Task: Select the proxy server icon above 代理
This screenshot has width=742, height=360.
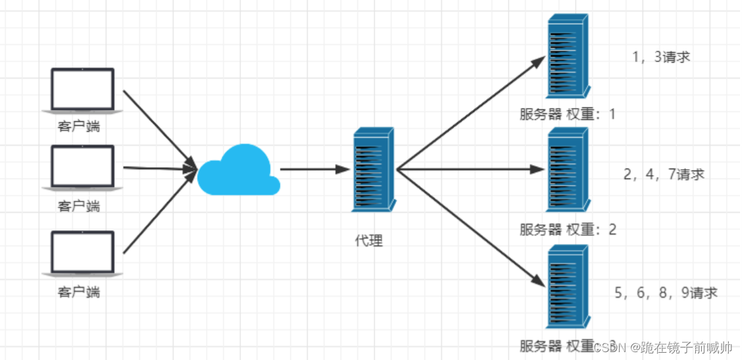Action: (x=373, y=169)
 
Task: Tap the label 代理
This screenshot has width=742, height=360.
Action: (x=368, y=240)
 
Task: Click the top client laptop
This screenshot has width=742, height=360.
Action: (x=83, y=89)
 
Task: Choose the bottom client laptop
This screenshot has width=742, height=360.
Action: (x=83, y=252)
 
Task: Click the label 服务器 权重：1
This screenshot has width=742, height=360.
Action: (x=567, y=115)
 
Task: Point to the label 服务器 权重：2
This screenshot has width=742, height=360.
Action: (x=567, y=230)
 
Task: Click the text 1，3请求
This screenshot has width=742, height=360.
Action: (x=660, y=57)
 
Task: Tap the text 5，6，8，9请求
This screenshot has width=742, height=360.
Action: (x=666, y=293)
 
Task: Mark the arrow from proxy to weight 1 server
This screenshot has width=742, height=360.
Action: (x=470, y=113)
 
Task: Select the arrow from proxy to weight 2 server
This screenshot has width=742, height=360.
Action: (x=470, y=169)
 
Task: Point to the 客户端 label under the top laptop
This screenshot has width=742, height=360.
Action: (x=79, y=126)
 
